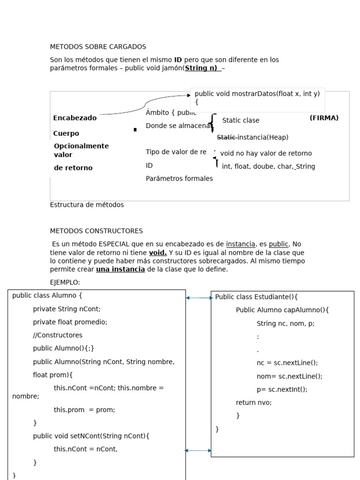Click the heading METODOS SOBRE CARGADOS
tap(98, 47)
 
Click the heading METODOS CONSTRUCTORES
tap(96, 231)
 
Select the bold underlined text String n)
tap(202, 68)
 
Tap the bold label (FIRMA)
tap(324, 118)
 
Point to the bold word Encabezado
tap(75, 118)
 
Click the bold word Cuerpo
tap(66, 134)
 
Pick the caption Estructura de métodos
tap(87, 205)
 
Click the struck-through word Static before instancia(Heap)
tap(226, 137)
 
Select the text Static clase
tap(240, 120)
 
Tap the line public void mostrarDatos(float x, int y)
tap(257, 94)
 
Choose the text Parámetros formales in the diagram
tap(179, 179)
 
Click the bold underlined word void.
tap(157, 253)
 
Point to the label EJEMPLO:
tap(65, 282)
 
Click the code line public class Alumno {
tap(47, 295)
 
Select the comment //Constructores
tap(57, 335)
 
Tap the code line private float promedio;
tap(70, 322)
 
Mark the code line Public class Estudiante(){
tap(256, 297)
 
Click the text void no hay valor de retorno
tap(266, 153)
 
